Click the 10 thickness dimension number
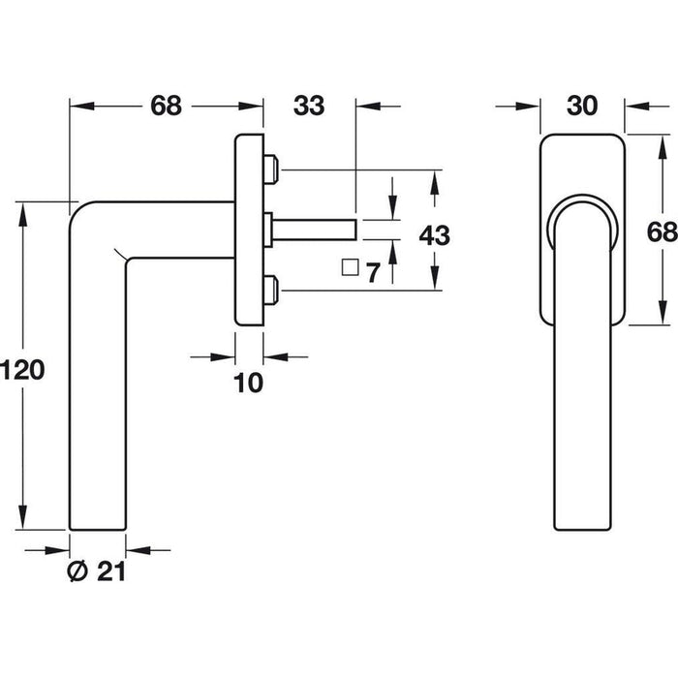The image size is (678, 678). click(249, 384)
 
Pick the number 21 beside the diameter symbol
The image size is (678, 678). click(111, 571)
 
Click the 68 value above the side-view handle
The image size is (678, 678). click(166, 108)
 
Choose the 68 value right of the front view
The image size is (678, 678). click(660, 233)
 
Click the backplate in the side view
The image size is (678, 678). click(248, 232)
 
